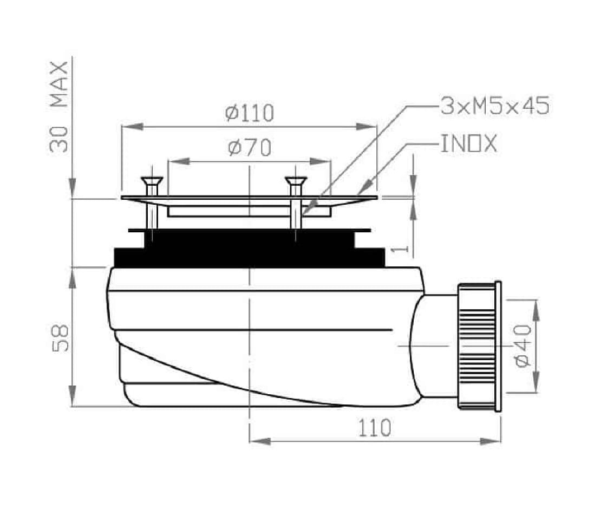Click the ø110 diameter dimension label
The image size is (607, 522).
coord(250,113)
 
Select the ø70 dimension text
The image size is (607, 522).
coord(250,148)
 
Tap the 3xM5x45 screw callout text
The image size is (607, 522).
coord(495,106)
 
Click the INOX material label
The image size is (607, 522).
coord(469,143)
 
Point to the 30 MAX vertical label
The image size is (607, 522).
coord(59,107)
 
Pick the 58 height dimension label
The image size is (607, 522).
coord(61,338)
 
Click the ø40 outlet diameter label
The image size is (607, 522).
coord(523,346)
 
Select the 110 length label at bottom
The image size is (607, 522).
coord(374,428)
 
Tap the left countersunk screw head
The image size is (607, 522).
coord(152,181)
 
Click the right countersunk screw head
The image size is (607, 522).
coord(296,181)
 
